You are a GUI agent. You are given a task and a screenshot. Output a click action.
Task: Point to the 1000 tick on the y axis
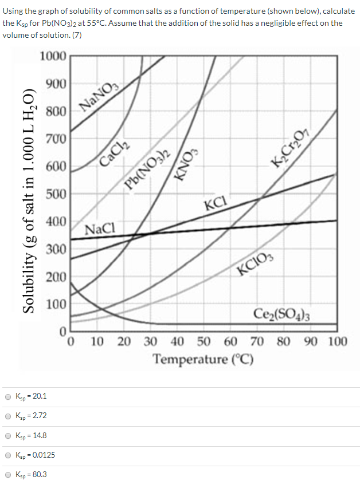click(x=54, y=56)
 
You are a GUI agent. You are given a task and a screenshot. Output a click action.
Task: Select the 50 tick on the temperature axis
click(x=204, y=343)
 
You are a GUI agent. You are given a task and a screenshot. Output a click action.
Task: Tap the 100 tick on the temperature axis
click(x=338, y=343)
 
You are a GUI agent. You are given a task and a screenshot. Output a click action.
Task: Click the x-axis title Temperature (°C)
click(x=203, y=360)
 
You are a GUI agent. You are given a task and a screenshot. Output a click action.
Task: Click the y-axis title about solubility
click(x=30, y=200)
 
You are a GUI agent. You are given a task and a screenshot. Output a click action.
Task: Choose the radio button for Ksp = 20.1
click(x=8, y=396)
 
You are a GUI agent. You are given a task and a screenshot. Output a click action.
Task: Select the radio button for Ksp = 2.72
click(x=8, y=416)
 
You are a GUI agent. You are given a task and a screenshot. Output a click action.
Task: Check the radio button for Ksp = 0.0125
click(x=8, y=455)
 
